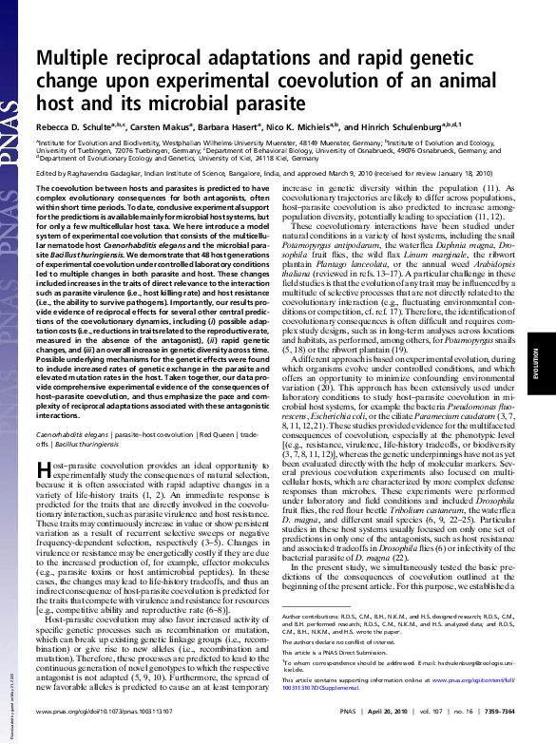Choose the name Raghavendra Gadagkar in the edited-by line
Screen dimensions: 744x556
106,173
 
